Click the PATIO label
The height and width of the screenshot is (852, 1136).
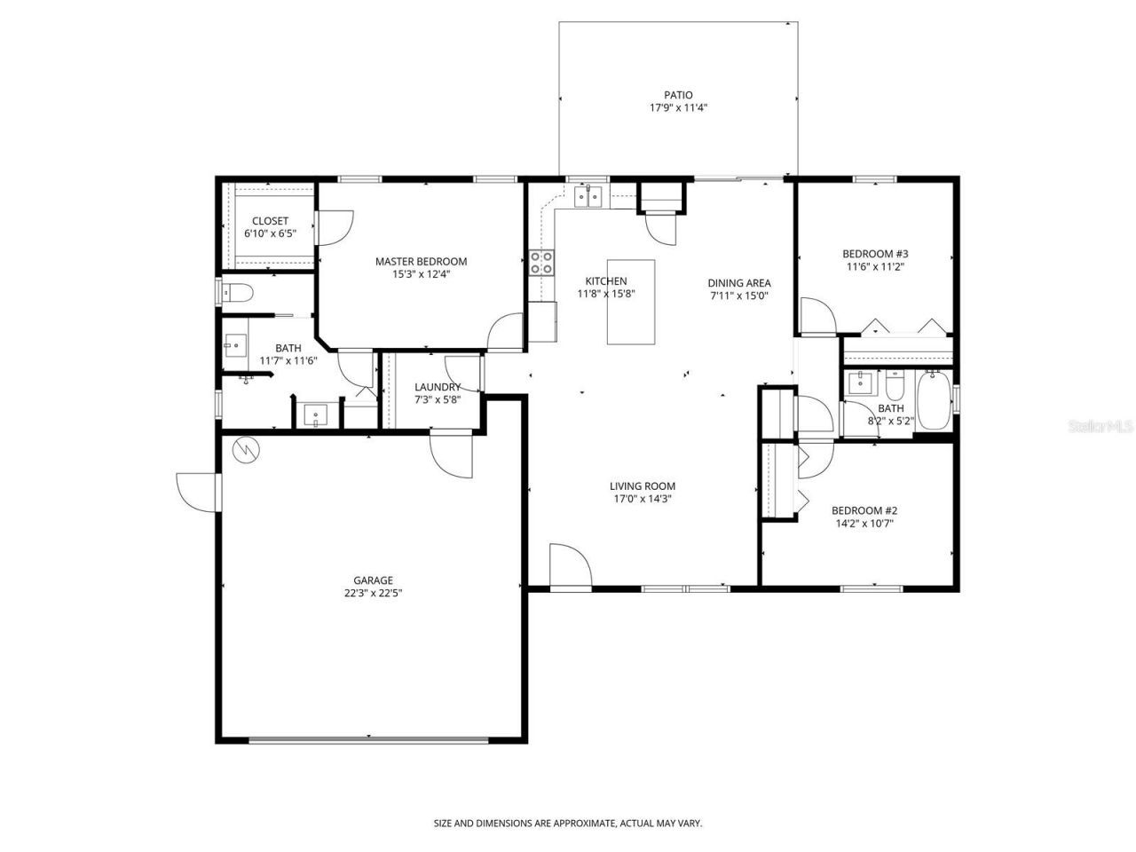(x=678, y=95)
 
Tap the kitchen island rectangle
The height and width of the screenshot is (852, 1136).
(x=631, y=302)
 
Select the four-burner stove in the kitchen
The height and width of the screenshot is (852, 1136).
(x=541, y=263)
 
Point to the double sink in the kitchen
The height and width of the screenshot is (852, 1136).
(x=588, y=196)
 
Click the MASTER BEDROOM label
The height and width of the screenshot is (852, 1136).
(x=421, y=261)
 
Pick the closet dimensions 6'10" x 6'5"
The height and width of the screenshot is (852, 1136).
(x=270, y=234)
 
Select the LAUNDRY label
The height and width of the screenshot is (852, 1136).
(x=438, y=387)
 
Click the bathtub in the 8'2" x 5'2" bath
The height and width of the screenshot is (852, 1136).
(x=933, y=401)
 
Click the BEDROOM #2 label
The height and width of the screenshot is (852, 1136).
(x=864, y=510)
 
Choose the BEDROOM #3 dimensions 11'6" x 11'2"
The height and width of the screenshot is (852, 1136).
(x=875, y=266)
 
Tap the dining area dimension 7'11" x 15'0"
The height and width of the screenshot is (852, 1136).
(x=738, y=296)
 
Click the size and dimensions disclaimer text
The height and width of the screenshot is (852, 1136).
(x=568, y=824)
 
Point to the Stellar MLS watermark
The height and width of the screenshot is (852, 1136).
(x=1100, y=426)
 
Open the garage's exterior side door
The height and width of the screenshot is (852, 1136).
(x=197, y=492)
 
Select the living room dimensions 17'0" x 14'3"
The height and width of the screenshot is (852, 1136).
(x=642, y=499)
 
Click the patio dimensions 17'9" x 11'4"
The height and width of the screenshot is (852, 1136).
(x=678, y=108)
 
